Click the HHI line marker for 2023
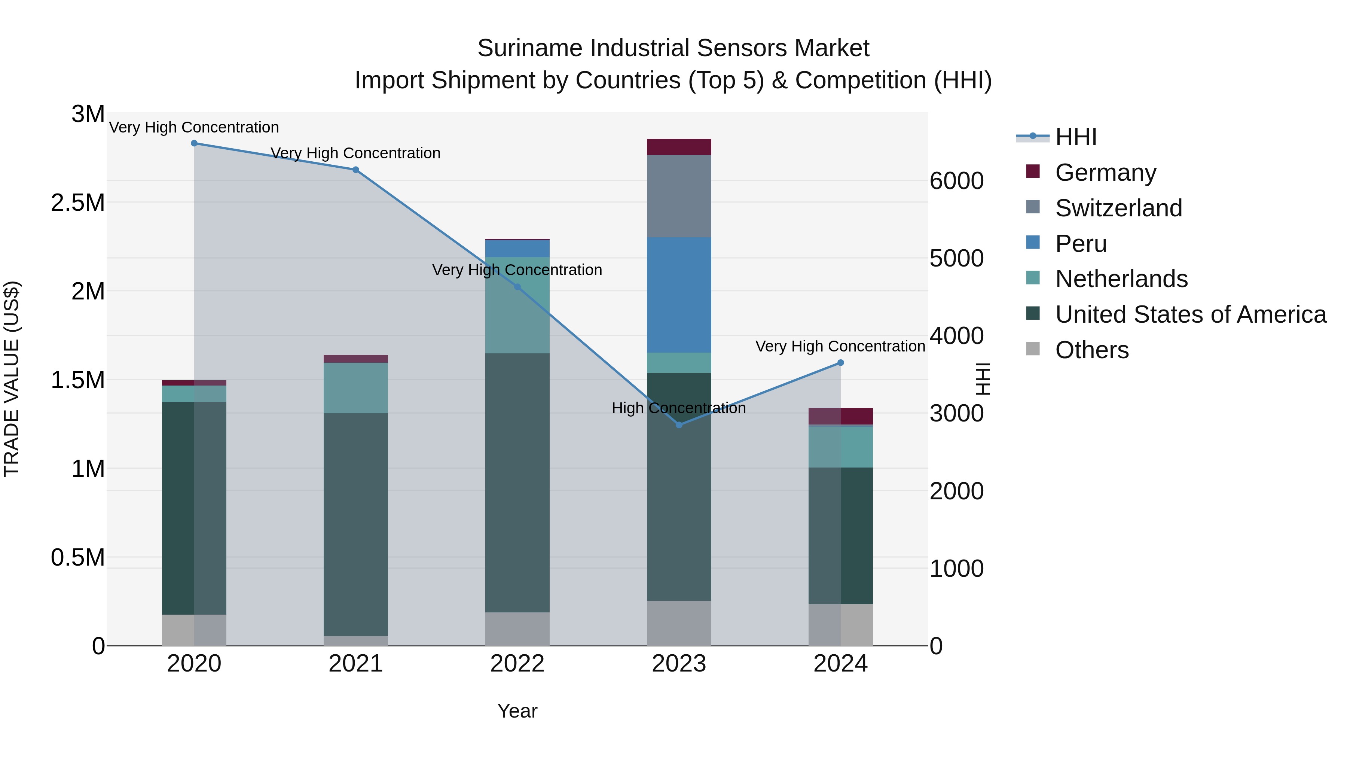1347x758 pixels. click(x=679, y=425)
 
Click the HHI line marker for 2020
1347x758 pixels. click(x=194, y=143)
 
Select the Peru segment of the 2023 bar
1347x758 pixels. click(x=679, y=295)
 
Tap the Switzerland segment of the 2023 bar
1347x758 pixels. click(x=679, y=196)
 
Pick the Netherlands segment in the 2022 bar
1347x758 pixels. click(x=517, y=305)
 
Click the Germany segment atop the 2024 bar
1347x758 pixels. click(x=840, y=416)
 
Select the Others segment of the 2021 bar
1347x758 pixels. click(x=355, y=640)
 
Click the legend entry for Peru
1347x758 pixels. click(x=1080, y=244)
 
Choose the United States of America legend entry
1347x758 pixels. click(x=1190, y=314)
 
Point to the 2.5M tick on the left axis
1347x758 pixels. click(x=78, y=203)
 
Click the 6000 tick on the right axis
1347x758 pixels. click(x=956, y=181)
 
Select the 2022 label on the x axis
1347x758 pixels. click(x=517, y=664)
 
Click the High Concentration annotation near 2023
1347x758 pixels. click(x=678, y=408)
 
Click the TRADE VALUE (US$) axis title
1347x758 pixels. click(x=12, y=379)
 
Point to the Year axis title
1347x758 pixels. click(x=517, y=711)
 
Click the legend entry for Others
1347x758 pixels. click(x=1091, y=350)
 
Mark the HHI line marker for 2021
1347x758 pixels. click(x=355, y=170)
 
